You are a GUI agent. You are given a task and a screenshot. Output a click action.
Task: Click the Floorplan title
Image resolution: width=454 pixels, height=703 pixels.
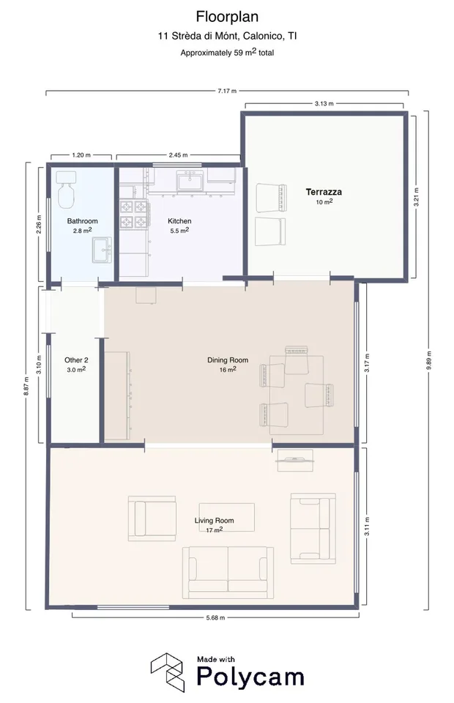[227, 17]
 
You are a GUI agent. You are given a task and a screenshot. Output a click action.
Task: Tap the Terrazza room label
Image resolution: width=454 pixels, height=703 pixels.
[324, 192]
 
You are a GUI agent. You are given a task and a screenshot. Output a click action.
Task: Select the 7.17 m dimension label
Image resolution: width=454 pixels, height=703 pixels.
[227, 91]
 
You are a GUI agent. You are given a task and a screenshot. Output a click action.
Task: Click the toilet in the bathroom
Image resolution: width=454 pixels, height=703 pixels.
[66, 190]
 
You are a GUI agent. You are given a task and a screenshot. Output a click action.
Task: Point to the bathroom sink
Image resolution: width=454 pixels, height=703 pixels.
[103, 250]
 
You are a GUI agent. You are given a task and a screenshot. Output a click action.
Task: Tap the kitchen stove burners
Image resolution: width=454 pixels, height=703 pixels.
[134, 215]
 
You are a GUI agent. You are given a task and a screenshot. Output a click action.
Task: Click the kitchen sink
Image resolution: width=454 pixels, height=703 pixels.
[190, 182]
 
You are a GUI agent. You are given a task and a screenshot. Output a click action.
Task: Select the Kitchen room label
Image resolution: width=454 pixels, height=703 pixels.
[179, 221]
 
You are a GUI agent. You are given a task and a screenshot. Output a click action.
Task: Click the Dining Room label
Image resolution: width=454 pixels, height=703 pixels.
[227, 360]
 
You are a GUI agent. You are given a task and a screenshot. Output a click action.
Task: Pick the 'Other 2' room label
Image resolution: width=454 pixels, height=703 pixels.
[76, 360]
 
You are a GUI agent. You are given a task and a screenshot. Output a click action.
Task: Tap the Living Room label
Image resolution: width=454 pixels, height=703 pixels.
[214, 521]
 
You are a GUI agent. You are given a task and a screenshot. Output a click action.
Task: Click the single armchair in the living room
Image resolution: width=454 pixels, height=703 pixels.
[152, 518]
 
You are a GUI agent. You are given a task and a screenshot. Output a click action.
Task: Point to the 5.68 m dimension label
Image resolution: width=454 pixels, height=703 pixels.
[215, 618]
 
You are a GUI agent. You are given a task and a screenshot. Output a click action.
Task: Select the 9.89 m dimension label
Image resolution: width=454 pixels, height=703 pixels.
[429, 361]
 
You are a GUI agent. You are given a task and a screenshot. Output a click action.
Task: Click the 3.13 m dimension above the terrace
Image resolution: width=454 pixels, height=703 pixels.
[324, 103]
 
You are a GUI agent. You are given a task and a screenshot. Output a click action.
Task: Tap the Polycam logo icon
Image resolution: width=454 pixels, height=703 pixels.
[167, 672]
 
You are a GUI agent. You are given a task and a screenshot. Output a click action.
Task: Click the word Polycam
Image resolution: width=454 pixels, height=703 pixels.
[250, 677]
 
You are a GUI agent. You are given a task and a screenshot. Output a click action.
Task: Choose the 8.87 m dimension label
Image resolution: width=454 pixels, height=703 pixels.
[26, 386]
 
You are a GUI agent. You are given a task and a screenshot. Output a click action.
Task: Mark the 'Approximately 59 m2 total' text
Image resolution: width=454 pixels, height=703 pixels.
[227, 53]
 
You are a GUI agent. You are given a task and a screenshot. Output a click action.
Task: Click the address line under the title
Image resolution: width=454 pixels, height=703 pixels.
[227, 36]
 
